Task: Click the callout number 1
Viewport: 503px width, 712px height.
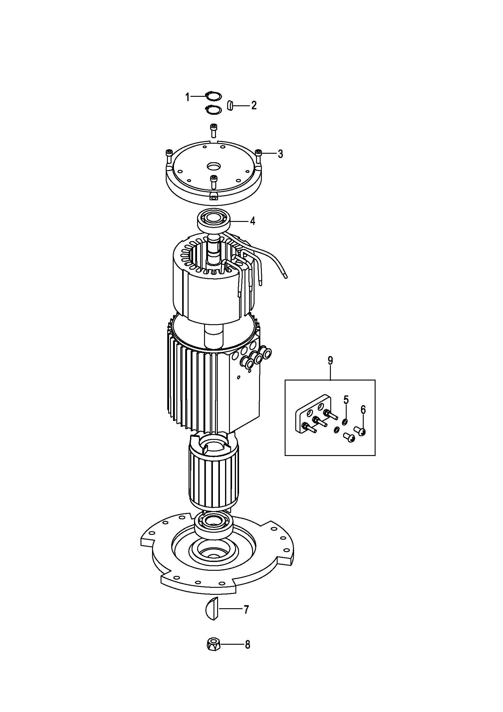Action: point(187,97)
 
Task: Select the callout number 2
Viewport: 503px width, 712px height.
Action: point(254,105)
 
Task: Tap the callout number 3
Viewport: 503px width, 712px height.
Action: point(280,153)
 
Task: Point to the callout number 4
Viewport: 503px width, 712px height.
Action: point(252,221)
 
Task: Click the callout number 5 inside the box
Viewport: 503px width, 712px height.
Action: point(346,400)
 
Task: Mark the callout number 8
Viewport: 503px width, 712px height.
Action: point(247,645)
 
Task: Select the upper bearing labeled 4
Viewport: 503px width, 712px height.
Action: point(213,221)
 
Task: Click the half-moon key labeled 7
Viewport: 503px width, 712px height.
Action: point(213,609)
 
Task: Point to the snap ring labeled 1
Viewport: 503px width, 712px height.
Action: point(213,96)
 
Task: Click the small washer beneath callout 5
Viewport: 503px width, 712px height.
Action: point(345,421)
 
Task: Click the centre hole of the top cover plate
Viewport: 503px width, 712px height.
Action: point(213,167)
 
